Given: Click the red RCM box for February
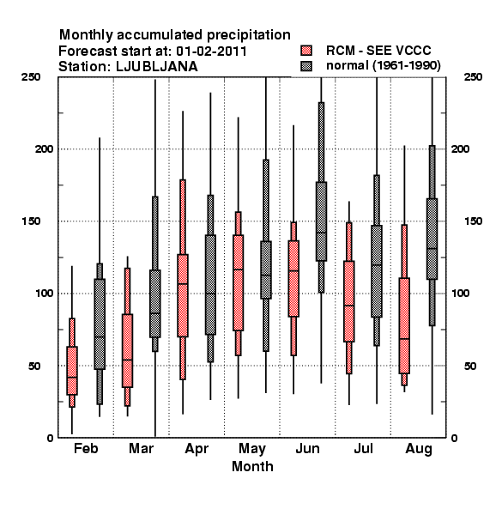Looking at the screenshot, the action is pos(72,371).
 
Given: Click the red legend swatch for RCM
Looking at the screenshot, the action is pos(306,51).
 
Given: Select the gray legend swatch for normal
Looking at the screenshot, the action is pos(306,66).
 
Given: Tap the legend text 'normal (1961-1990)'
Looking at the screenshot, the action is pos(383,66).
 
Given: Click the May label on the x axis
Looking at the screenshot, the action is pos(252,449).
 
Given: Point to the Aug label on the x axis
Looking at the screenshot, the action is pos(419,449).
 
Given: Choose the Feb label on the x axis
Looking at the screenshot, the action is pos(86,448).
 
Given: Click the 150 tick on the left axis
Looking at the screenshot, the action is pos(31,221).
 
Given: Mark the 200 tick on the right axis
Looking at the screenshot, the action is pos(461,148).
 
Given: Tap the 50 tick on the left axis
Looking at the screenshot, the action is pos(34,366).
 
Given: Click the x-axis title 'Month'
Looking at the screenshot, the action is pos(252,466).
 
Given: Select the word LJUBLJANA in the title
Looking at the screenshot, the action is pos(157,67).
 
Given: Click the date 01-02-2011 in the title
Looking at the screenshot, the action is pos(211,51).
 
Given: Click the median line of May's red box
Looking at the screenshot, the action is pos(238,270).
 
